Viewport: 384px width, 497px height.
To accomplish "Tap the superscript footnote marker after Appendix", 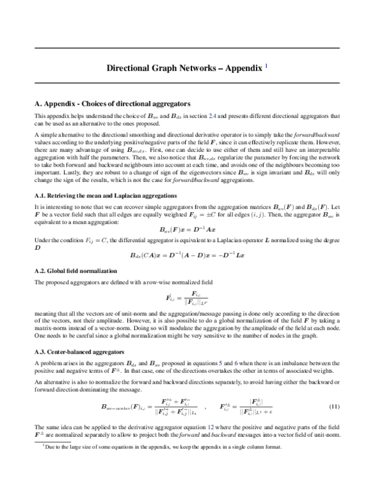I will [275, 64].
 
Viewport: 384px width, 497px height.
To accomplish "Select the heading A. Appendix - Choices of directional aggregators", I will [112, 102].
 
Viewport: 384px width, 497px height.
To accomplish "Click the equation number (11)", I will [333, 407].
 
